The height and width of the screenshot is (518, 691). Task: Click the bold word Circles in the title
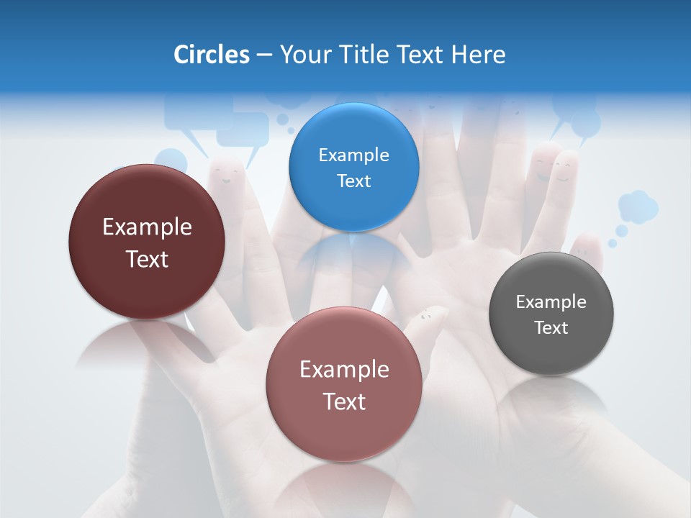(x=211, y=55)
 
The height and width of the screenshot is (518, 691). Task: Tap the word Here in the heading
(x=478, y=55)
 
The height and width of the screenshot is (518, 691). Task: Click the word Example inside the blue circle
(x=353, y=155)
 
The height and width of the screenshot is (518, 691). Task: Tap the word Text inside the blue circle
(x=353, y=181)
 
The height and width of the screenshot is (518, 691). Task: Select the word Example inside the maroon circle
(x=147, y=227)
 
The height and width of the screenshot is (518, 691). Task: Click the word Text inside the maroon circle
(x=147, y=259)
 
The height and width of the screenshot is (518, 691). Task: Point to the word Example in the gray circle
(x=551, y=301)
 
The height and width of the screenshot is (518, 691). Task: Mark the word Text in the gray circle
(x=551, y=327)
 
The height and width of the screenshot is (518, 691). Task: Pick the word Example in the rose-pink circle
(x=344, y=369)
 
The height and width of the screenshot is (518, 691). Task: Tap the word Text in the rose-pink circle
(x=344, y=401)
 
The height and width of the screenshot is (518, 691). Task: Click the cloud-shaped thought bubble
(x=638, y=206)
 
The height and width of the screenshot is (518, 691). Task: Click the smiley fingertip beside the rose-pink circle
(x=428, y=317)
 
